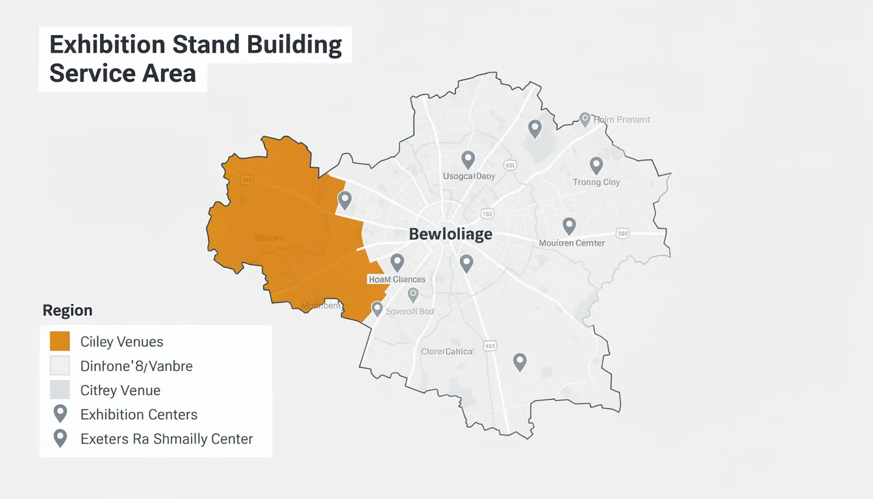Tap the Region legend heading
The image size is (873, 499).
click(68, 311)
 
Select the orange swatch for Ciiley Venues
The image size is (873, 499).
click(60, 341)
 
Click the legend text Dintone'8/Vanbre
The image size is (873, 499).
click(136, 366)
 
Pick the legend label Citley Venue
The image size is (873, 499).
click(120, 390)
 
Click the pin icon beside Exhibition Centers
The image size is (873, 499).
click(60, 413)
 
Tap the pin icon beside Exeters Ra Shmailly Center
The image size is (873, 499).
click(60, 438)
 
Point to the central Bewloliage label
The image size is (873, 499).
click(451, 234)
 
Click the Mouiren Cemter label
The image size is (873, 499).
click(572, 243)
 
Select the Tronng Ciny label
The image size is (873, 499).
click(596, 183)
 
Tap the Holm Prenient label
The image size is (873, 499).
click(622, 120)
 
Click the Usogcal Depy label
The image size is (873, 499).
click(469, 176)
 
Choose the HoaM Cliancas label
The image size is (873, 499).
click(397, 279)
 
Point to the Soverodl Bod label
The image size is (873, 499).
click(409, 311)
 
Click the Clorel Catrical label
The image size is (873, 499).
click(448, 352)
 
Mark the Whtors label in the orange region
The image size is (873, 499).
click(269, 238)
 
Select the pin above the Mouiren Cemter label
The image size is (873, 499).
click(569, 225)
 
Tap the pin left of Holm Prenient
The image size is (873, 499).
click(585, 119)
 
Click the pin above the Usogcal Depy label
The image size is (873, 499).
click(468, 159)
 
